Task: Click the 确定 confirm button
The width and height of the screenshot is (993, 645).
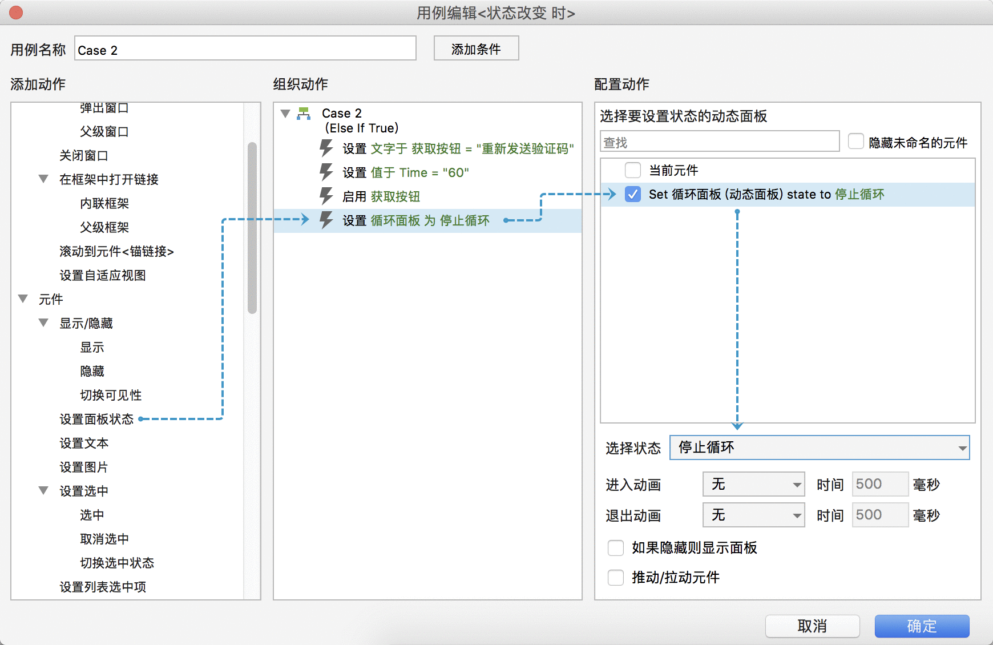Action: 922,626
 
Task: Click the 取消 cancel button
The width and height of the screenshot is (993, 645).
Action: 812,626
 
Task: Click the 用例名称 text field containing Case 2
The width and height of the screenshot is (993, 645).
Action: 245,49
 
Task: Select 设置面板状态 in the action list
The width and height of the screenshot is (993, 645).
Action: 96,419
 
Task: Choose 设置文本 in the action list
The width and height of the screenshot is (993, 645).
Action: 84,443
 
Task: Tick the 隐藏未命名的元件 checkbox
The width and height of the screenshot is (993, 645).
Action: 856,141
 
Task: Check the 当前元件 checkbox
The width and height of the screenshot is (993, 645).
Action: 633,170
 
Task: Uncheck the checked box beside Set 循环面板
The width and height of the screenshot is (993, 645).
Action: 633,194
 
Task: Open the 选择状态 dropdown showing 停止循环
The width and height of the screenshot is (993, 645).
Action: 820,448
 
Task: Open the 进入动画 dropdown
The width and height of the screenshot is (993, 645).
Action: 753,484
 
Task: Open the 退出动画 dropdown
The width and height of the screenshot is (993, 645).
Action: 753,515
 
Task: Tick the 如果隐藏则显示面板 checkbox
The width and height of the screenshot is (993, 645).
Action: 616,548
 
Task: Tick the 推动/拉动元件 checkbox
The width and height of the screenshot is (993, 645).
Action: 616,578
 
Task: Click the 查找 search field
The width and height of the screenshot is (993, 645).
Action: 720,142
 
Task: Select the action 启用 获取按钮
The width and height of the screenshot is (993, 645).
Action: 381,196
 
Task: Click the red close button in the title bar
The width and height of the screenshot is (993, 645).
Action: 16,13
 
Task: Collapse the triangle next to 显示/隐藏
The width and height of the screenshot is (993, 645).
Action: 43,322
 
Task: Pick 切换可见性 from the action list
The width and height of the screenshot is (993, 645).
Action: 111,395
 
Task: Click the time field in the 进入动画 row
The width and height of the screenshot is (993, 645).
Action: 880,484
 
